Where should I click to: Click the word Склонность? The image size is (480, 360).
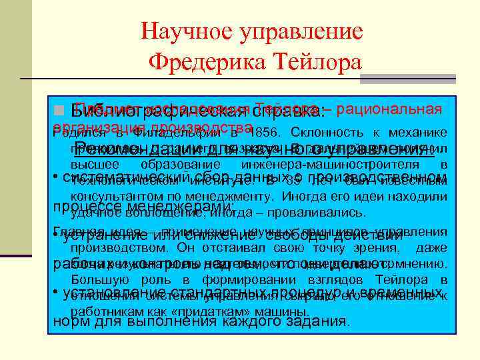click(325, 132)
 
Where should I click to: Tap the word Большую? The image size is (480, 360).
click(95, 279)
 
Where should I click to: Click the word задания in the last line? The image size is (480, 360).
click(315, 321)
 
